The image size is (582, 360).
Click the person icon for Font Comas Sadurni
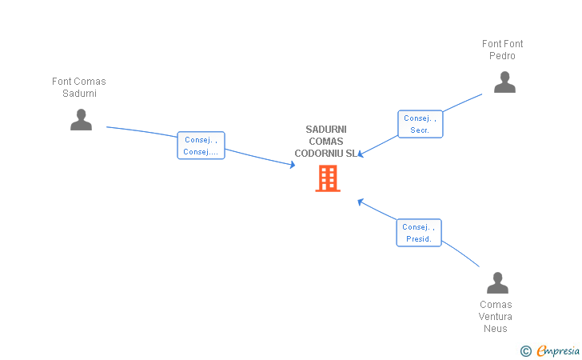pyautogui.click(x=81, y=120)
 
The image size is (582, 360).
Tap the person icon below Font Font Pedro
pyautogui.click(x=504, y=82)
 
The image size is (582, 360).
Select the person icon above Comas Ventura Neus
pyautogui.click(x=497, y=283)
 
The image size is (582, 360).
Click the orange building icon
pyautogui.click(x=328, y=178)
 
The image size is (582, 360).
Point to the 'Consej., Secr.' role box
pyautogui.click(x=420, y=124)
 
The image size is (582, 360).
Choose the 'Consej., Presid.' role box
pyautogui.click(x=419, y=233)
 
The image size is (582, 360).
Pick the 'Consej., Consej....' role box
pyautogui.click(x=201, y=146)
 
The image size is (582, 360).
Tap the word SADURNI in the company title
pyautogui.click(x=326, y=130)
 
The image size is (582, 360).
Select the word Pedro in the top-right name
pyautogui.click(x=502, y=56)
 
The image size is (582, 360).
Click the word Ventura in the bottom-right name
pyautogui.click(x=496, y=317)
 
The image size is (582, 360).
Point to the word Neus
pyautogui.click(x=496, y=329)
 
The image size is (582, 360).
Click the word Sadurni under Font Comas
pyautogui.click(x=79, y=93)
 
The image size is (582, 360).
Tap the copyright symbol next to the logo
pyautogui.click(x=525, y=350)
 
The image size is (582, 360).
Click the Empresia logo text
pyautogui.click(x=558, y=350)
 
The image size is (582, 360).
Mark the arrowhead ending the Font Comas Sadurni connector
pyautogui.click(x=293, y=165)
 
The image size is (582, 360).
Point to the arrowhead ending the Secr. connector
pyautogui.click(x=361, y=154)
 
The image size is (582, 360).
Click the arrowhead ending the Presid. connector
pyautogui.click(x=360, y=201)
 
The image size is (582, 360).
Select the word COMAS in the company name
pyautogui.click(x=325, y=142)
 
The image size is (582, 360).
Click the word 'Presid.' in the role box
pyautogui.click(x=419, y=239)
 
